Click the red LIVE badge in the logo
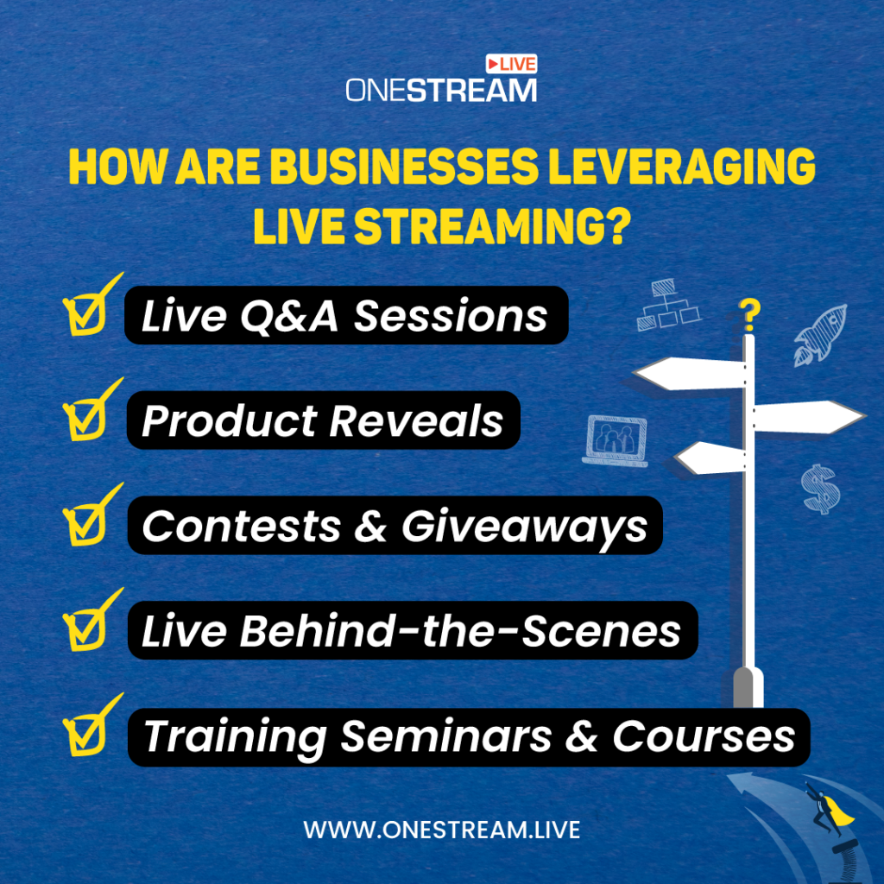[x=511, y=64]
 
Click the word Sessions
[x=451, y=316]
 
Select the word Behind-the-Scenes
[x=460, y=631]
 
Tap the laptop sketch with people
[x=615, y=439]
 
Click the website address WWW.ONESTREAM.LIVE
[x=441, y=830]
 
